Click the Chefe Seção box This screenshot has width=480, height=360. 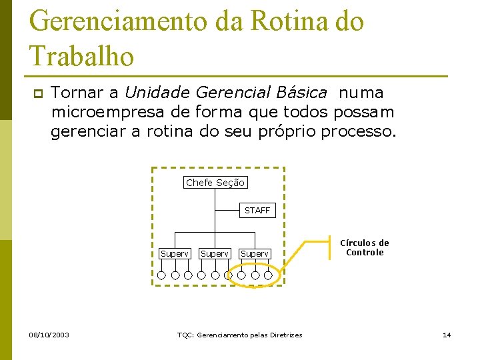pos(215,183)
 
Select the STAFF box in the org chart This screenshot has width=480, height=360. pos(257,211)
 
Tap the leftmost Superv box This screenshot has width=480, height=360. pos(175,254)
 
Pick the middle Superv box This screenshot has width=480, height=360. pos(215,254)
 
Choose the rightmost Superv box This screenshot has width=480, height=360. pos(255,254)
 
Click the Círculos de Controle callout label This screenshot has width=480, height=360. pos(365,248)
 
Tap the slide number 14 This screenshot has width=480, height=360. pos(447,335)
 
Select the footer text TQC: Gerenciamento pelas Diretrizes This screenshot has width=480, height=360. pos(239,335)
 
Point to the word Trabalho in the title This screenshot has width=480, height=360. pos(82,56)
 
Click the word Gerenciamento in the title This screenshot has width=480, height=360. pos(119,21)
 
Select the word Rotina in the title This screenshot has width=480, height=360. pos(277,21)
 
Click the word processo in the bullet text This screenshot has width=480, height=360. pos(357,131)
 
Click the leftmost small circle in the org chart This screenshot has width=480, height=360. pos(162,275)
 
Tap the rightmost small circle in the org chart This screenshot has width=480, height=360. pos(268,275)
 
